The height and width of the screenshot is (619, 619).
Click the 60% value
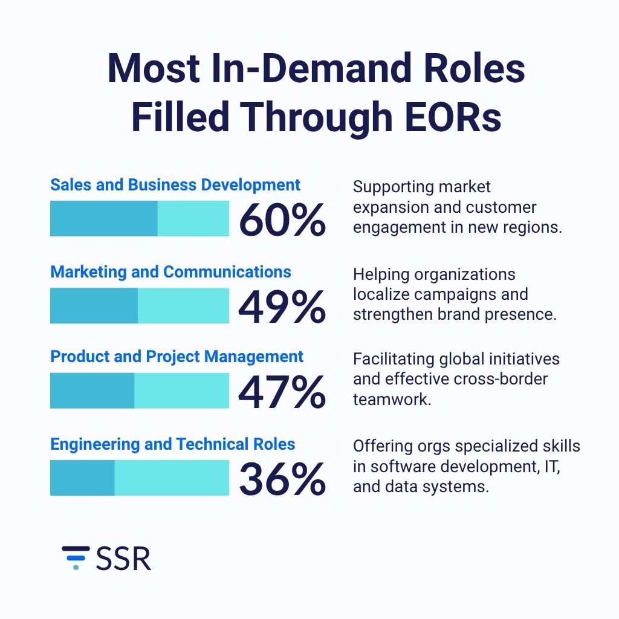282,219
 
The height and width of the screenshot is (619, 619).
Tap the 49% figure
282,306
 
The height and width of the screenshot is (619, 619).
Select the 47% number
282,392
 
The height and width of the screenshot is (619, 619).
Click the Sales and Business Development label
175,185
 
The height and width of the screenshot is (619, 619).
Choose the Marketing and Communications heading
170,272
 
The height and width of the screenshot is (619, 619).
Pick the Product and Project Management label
177,357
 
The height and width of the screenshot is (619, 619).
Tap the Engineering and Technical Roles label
172,444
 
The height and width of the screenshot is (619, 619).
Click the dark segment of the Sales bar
103,218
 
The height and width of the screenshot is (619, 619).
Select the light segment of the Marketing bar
183,305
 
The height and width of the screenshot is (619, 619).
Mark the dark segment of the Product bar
92,391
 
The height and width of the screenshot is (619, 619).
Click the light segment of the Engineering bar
172,478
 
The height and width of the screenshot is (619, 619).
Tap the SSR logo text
123,558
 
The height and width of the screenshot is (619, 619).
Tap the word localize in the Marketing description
379,294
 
